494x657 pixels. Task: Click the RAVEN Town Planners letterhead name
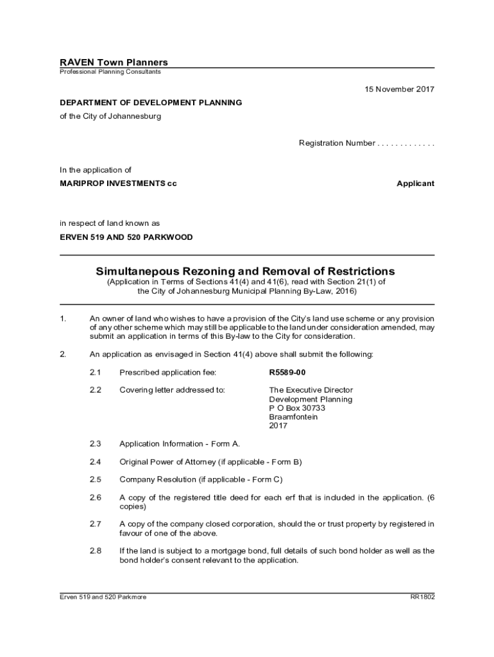114,62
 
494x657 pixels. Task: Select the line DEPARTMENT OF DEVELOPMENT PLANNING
151,103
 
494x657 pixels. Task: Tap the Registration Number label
337,143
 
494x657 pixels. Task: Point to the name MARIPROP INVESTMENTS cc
118,183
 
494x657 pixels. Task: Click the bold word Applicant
415,183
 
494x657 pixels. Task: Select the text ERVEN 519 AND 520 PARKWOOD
126,237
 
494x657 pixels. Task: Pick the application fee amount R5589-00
287,372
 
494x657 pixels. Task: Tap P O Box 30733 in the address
297,408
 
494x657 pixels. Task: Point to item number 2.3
96,444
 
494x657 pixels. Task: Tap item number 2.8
96,550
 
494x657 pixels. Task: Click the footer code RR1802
422,597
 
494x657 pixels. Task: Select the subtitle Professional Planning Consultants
110,72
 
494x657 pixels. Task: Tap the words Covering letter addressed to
172,390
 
